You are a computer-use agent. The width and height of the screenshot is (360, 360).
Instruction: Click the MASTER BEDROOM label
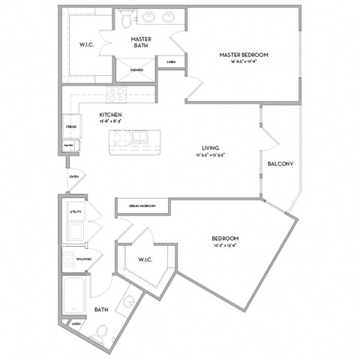pos(244,55)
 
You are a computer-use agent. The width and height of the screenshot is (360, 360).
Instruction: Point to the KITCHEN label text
pos(110,115)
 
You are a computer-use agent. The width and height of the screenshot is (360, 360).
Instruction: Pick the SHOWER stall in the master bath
pos(136,70)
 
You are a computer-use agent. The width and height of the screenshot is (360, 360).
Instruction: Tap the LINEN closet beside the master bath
pos(172,62)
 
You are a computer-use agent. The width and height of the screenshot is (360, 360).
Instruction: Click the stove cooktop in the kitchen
pos(116,94)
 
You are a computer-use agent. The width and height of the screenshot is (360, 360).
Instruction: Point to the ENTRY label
pos(73,177)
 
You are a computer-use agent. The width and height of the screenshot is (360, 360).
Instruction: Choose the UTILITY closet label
pos(76,212)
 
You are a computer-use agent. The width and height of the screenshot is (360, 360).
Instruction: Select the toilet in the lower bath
pos(100,331)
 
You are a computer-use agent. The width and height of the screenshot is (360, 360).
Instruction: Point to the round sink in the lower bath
pos(128,302)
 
